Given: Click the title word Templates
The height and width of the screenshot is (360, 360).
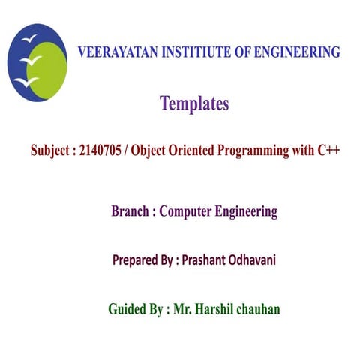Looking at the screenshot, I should click(194, 104).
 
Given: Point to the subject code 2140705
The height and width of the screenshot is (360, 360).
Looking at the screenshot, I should click(103, 150).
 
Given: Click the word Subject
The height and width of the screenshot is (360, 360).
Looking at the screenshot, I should click(51, 150).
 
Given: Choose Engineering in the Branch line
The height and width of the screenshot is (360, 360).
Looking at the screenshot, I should click(247, 212).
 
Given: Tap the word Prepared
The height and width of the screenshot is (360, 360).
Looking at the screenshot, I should click(136, 261).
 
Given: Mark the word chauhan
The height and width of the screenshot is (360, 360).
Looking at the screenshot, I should click(259, 309).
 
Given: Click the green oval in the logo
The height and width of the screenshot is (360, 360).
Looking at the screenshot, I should click(49, 67).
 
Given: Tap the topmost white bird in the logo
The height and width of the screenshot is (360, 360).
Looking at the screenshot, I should click(29, 37).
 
